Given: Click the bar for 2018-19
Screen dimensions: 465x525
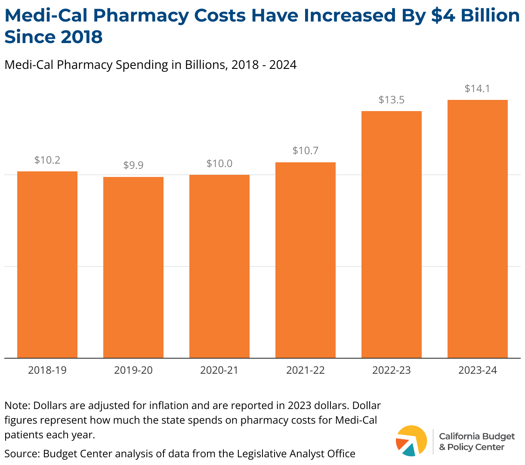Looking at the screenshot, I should click(x=47, y=264).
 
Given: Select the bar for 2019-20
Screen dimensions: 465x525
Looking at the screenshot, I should click(x=133, y=267).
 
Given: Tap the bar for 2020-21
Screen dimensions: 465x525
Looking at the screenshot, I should click(x=219, y=266).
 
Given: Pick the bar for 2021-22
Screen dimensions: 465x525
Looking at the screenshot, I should click(x=306, y=260).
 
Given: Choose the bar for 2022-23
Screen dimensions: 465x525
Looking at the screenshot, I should click(x=392, y=234).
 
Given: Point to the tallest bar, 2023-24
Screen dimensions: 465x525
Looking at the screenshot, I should click(x=478, y=229).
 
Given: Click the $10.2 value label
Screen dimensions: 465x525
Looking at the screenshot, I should click(x=47, y=160).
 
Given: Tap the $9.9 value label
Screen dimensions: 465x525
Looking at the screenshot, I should click(x=133, y=165).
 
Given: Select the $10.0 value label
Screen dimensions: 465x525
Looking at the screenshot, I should click(x=219, y=164).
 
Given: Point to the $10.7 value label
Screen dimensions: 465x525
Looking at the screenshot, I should click(x=306, y=151).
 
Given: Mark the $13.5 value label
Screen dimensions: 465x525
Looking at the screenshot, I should click(x=392, y=100).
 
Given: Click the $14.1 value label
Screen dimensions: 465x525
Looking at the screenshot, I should click(x=478, y=89).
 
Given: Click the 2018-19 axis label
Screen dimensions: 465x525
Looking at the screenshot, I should click(x=47, y=370).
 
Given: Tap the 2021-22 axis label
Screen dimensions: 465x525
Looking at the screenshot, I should click(x=306, y=370).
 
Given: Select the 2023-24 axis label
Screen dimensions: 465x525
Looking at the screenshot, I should click(x=478, y=370).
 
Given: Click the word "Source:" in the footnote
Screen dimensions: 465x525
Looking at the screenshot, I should click(x=22, y=453).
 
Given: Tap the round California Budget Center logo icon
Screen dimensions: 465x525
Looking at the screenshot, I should click(x=411, y=440).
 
